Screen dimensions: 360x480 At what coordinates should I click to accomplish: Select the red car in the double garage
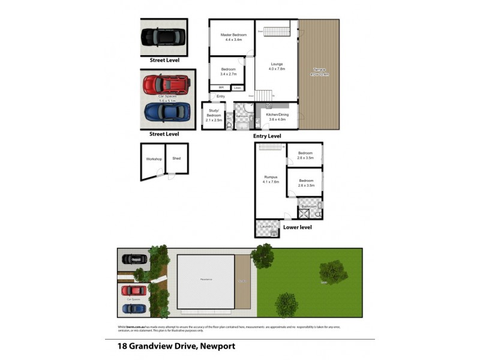point(166,85)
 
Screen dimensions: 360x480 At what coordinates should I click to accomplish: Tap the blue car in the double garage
point(167,112)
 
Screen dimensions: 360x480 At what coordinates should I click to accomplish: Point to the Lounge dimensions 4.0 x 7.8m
point(276,69)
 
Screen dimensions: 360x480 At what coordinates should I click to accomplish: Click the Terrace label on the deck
point(319,70)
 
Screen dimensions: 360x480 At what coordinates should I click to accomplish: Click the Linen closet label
point(238,88)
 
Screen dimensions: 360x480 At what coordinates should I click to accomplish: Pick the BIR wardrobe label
point(221,88)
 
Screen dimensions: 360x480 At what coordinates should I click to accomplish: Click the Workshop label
point(153,159)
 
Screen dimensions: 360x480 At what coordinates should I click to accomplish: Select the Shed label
point(176,158)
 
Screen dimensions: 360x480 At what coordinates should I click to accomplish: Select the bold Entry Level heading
point(267,136)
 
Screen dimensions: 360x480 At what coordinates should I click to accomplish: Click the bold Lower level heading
point(297,227)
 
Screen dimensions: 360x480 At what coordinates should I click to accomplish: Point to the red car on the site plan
point(134,291)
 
